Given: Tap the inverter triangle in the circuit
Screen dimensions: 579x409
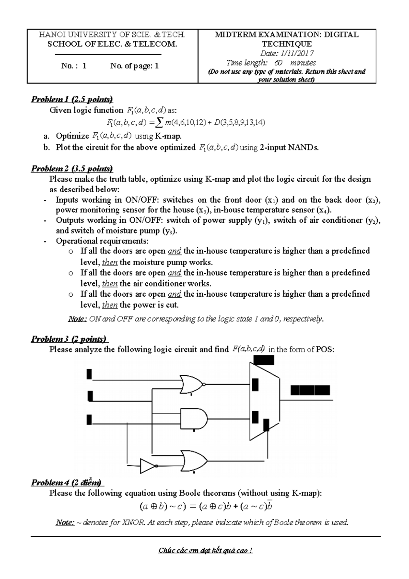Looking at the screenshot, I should tap(148, 466).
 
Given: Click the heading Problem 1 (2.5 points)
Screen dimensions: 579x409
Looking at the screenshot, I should tap(72, 100).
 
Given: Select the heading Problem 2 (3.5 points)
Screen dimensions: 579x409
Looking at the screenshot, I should tap(72, 169).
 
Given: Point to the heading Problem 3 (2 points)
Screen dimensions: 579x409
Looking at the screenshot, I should tap(69, 339).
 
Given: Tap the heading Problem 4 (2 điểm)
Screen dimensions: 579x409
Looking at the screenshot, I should tap(67, 482).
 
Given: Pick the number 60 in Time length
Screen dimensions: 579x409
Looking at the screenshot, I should tap(278, 63).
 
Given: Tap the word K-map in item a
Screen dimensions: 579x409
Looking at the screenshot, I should tap(168, 136).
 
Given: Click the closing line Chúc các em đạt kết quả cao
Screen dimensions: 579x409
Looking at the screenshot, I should tap(206, 550).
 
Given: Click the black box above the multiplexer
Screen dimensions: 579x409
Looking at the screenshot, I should tap(264, 360).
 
